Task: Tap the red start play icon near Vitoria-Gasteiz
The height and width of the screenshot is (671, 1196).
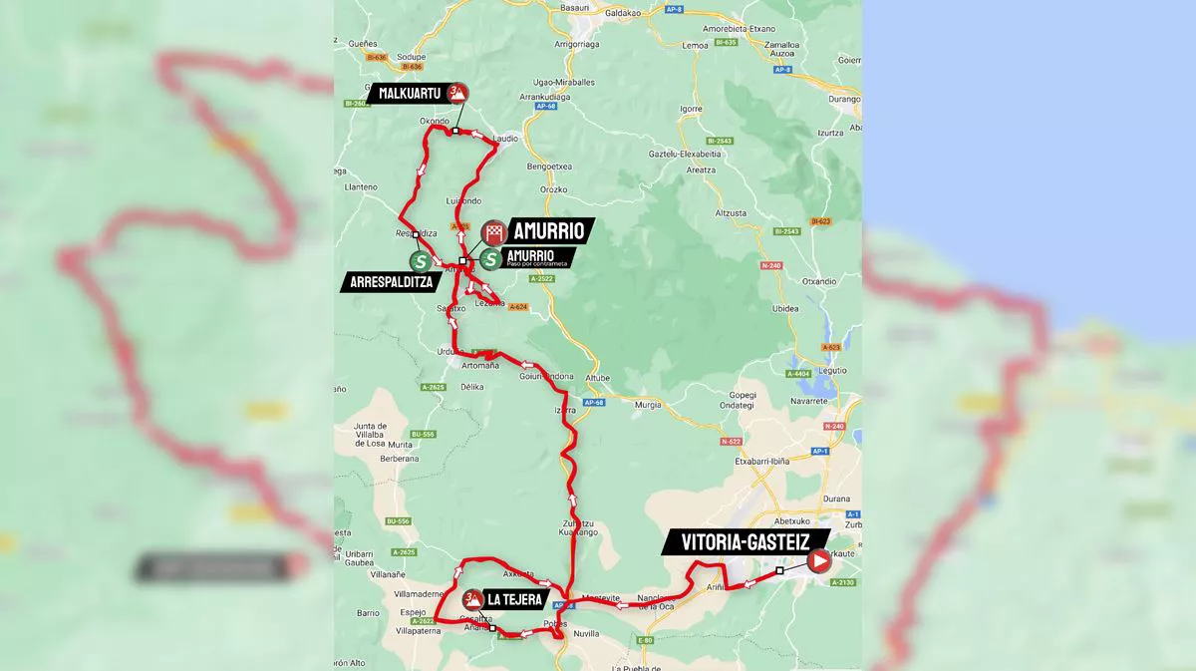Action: [818, 561]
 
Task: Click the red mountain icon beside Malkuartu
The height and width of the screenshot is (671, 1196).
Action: [457, 93]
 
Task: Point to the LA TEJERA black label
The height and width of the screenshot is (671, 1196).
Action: [513, 600]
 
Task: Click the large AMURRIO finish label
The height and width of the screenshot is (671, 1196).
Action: [547, 230]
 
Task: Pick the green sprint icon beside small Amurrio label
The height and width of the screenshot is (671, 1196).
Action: [490, 259]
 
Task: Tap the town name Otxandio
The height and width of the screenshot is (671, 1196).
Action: [817, 282]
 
